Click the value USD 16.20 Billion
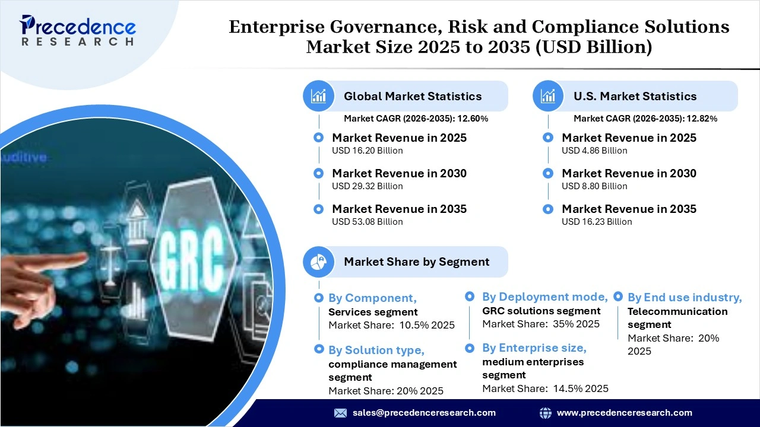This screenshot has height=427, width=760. (367, 151)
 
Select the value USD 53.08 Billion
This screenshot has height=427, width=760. (367, 222)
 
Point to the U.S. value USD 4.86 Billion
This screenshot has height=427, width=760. (594, 151)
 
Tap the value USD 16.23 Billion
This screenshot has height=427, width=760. (597, 222)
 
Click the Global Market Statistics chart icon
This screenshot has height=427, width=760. (319, 96)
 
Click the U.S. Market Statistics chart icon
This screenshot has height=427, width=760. (549, 96)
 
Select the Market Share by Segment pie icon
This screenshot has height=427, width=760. (319, 262)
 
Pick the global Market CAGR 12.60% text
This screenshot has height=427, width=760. (416, 119)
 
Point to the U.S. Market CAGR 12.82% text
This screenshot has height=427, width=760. (645, 119)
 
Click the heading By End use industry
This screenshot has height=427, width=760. (685, 298)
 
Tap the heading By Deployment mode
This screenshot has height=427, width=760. (544, 297)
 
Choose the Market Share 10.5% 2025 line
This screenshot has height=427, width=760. (391, 325)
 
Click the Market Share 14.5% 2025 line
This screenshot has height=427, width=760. (545, 388)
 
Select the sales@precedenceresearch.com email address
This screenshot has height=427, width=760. (424, 413)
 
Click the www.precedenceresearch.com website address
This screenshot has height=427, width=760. (624, 413)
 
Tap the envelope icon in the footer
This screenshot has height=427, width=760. (340, 413)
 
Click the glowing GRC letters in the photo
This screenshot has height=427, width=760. (192, 250)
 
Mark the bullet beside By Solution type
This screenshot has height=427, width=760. (319, 350)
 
